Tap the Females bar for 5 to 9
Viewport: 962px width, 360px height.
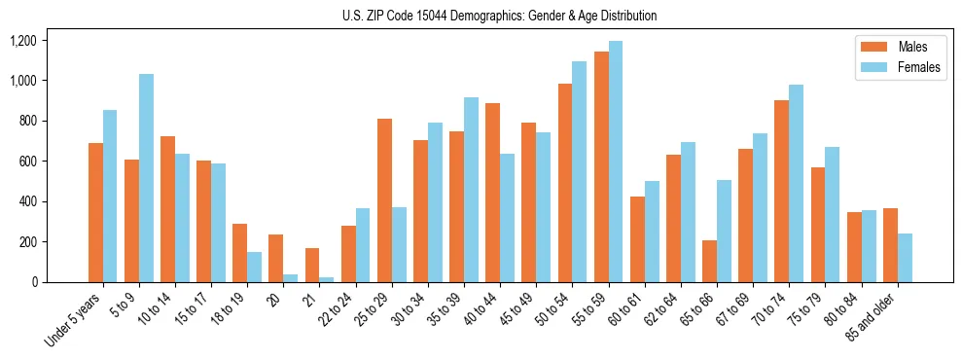pos(146,178)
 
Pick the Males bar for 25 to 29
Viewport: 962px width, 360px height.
pos(384,200)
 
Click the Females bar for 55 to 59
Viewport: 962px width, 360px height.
pos(616,162)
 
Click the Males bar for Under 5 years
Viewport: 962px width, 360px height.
pos(95,212)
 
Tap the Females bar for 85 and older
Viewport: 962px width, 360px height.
pos(905,258)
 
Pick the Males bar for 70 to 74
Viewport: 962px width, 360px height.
pos(781,191)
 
